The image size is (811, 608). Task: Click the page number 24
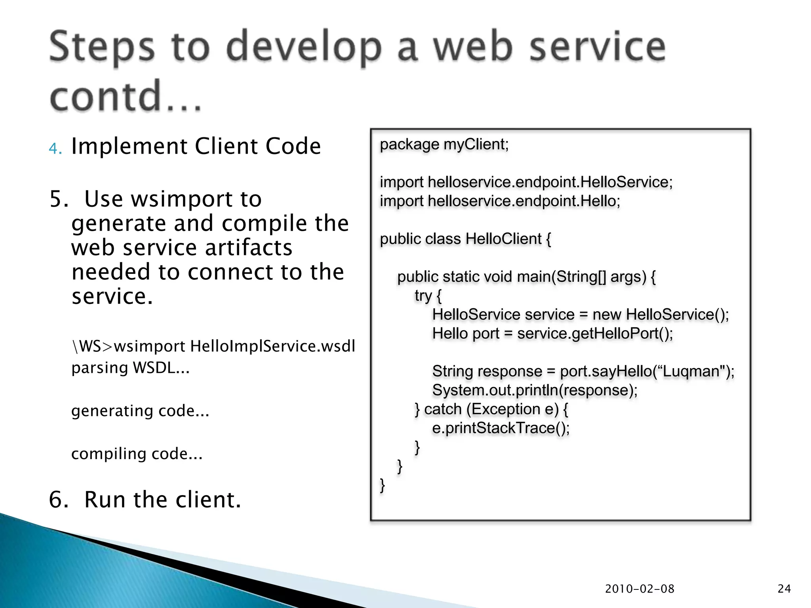point(784,589)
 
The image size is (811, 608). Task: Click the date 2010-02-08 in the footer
point(640,589)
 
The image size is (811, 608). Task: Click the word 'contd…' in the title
point(126,96)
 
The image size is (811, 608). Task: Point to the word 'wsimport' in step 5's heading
point(173,199)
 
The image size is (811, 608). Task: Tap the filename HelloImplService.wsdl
point(272,346)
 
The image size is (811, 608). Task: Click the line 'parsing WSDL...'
point(130,368)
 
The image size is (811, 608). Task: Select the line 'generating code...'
point(140,411)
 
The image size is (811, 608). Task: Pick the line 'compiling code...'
point(137,454)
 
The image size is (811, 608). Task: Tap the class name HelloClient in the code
point(503,239)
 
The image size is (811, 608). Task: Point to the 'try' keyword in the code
point(423,296)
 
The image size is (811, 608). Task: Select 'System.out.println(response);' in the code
point(535,390)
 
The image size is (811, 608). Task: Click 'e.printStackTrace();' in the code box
point(501,428)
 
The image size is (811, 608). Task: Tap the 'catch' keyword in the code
point(443,409)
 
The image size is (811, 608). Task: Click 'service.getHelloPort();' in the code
point(595,334)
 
